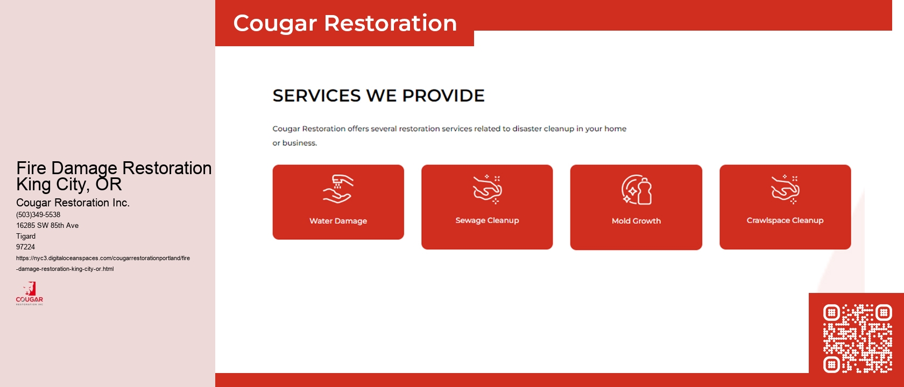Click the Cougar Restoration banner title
(x=345, y=23)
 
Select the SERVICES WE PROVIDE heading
(x=378, y=96)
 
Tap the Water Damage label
(x=338, y=221)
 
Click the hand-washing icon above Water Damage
(x=338, y=189)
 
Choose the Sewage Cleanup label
(x=487, y=220)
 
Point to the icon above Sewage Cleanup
(x=488, y=189)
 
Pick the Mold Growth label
(x=636, y=221)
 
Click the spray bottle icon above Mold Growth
(x=637, y=190)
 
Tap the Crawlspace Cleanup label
(x=785, y=220)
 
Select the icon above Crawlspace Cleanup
(x=785, y=189)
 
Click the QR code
(x=857, y=338)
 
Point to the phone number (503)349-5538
(x=38, y=214)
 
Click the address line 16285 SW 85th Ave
(x=47, y=225)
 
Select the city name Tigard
(x=26, y=236)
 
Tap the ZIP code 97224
(x=25, y=247)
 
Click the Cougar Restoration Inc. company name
(x=73, y=203)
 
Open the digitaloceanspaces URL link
(x=103, y=263)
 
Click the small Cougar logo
(x=30, y=293)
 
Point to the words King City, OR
(x=69, y=184)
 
